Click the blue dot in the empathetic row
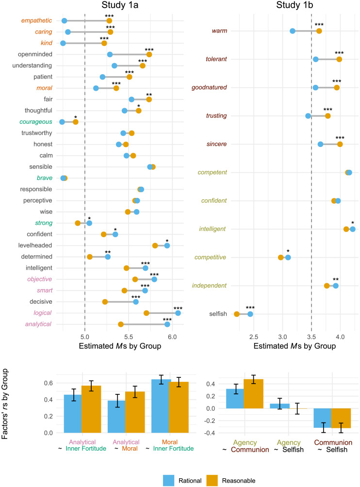click(65, 21)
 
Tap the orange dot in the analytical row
click(121, 325)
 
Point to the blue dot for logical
click(178, 313)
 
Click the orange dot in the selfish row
click(237, 314)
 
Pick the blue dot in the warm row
click(293, 31)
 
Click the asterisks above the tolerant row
click(339, 53)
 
